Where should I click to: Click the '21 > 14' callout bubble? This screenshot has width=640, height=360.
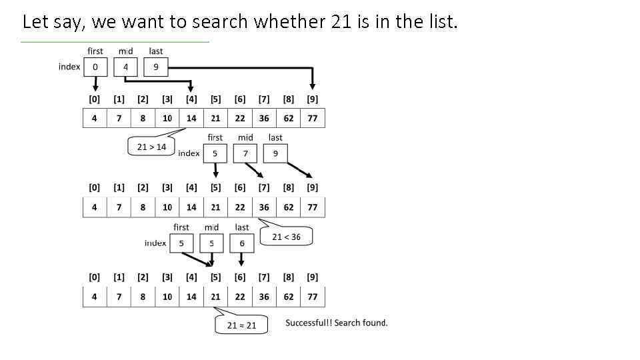[x=152, y=147]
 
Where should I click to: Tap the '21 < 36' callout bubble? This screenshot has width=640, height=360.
[x=286, y=237]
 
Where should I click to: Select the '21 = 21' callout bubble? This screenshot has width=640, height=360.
[x=241, y=325]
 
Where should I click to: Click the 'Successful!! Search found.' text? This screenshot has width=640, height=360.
[x=336, y=323]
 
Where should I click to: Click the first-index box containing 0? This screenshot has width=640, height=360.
[x=95, y=67]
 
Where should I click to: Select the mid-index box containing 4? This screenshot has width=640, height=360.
[x=125, y=67]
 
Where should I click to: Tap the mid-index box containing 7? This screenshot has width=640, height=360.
[x=245, y=153]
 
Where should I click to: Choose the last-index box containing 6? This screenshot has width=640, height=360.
[x=242, y=243]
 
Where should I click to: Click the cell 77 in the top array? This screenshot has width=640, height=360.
[x=313, y=118]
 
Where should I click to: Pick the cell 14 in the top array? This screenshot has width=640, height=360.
[x=191, y=118]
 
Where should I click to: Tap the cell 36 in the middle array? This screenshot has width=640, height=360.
[x=264, y=207]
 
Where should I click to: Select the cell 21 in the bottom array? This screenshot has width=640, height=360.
[x=215, y=297]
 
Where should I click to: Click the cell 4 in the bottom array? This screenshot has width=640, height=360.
[x=94, y=297]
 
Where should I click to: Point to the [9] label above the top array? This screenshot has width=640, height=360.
[x=312, y=99]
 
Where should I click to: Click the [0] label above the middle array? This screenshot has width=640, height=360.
[x=94, y=188]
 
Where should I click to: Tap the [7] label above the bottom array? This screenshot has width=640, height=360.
[x=264, y=277]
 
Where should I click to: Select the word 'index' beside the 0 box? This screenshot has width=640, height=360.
[x=69, y=67]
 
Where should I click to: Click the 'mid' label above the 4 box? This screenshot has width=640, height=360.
[x=125, y=51]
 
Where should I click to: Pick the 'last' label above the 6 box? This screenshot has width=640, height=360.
[x=242, y=227]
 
